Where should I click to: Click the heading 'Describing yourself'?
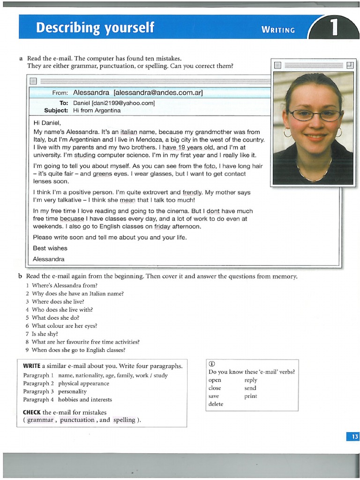95,28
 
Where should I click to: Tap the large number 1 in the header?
334,28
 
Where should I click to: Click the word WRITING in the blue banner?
278,30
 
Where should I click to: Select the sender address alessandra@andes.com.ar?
157,93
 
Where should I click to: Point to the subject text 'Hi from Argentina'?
97,111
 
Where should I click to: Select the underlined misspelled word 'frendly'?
193,192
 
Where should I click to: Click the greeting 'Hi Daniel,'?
47,123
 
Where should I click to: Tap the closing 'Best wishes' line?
50,248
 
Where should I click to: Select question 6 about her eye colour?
64,326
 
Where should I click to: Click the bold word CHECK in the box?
32,412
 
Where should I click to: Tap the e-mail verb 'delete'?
216,404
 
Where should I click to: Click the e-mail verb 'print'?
251,396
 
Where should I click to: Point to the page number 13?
353,437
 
